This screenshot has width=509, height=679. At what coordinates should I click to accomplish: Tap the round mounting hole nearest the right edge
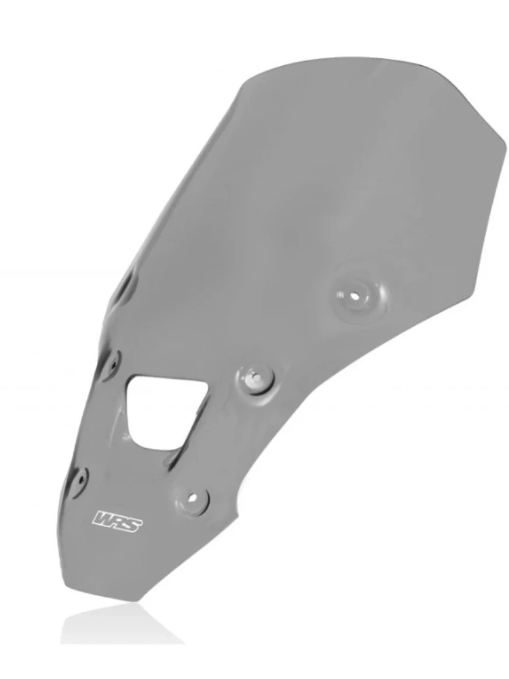coord(355,297)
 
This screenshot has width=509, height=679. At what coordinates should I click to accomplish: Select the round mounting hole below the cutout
coord(193,496)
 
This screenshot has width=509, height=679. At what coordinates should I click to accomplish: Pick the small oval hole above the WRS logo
coord(81,477)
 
